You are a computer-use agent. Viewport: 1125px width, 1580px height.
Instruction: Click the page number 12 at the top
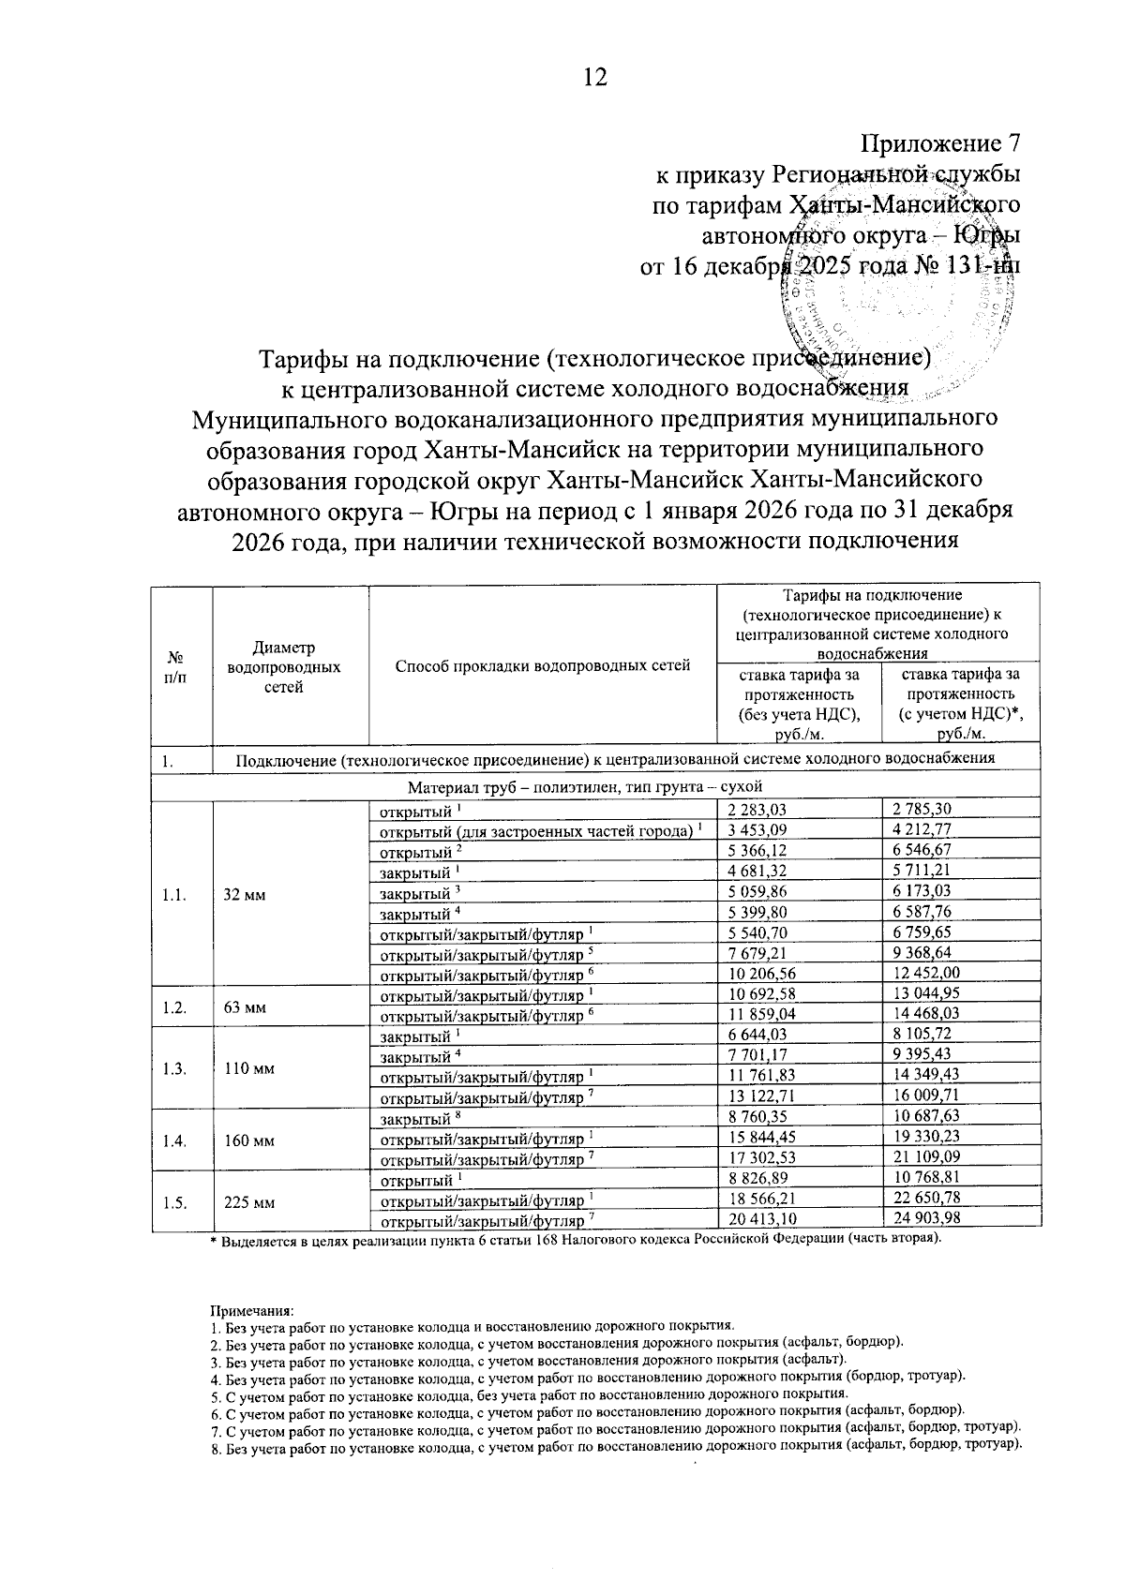coord(595,78)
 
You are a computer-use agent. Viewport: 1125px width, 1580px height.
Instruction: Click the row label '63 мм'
coord(245,1008)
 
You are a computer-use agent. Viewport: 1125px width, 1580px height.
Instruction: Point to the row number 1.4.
coord(173,1140)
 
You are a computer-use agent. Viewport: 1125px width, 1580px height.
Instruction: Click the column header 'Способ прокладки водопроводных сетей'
coord(543,666)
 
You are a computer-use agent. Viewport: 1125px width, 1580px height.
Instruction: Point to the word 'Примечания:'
coord(252,1309)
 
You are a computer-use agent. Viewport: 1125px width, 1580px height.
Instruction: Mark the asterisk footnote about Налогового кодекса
coord(574,1239)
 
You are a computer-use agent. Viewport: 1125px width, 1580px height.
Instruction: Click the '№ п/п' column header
coord(173,666)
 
